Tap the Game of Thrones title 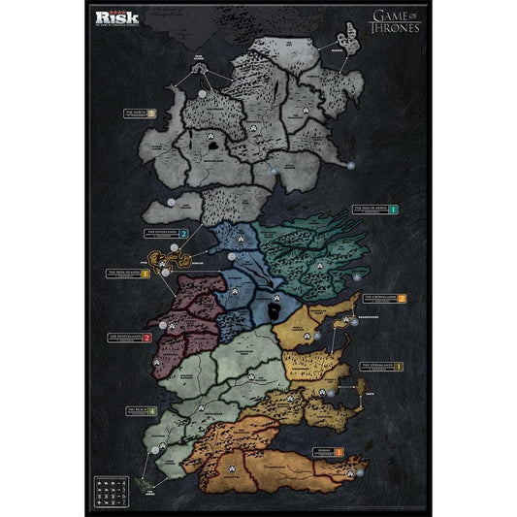396,20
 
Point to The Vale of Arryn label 370,209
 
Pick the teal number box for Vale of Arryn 394,209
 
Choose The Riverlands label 160,234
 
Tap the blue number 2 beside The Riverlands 182,234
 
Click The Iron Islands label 122,274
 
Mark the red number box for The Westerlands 147,338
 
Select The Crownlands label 378,300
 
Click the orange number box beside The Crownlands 402,299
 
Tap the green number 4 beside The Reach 151,411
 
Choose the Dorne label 318,452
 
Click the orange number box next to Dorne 339,452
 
